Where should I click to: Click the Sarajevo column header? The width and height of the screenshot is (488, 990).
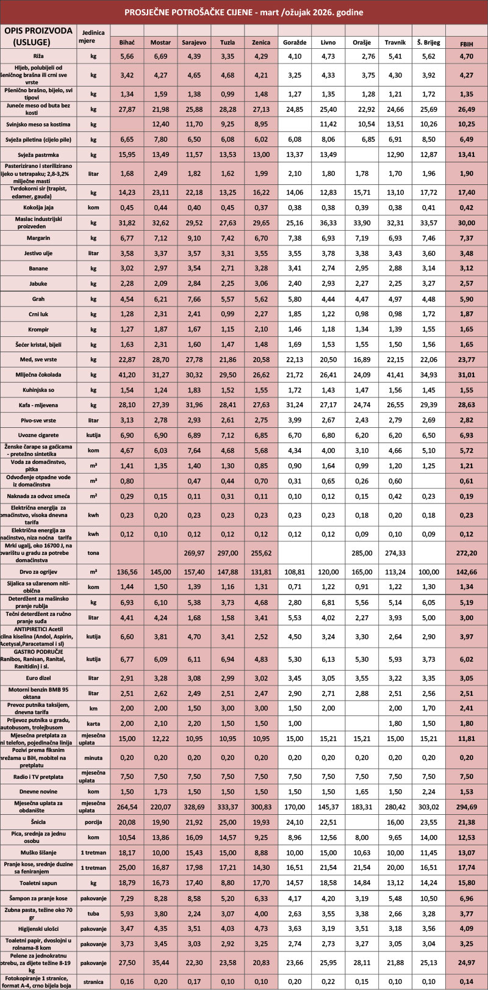click(x=194, y=43)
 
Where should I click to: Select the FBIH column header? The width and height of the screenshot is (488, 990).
click(x=466, y=44)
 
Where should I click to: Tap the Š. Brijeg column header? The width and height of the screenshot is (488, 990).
click(x=429, y=43)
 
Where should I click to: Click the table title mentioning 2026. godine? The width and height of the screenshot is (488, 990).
click(x=244, y=12)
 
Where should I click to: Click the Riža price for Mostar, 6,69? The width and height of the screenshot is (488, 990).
click(x=160, y=56)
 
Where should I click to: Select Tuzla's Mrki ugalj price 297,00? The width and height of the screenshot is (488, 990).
click(x=228, y=553)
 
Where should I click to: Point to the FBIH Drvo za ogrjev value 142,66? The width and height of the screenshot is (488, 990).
click(x=466, y=572)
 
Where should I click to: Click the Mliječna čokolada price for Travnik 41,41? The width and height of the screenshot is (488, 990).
click(x=395, y=374)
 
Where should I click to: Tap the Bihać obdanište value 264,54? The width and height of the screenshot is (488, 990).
click(x=127, y=806)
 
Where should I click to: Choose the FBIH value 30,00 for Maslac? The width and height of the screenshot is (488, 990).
click(x=466, y=223)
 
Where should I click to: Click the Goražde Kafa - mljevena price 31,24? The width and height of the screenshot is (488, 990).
click(x=295, y=404)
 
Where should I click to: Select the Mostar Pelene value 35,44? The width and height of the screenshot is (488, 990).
click(x=160, y=963)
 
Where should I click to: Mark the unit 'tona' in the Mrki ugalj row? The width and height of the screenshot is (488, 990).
click(x=93, y=553)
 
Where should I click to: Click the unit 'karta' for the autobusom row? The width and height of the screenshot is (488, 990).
click(x=93, y=723)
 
